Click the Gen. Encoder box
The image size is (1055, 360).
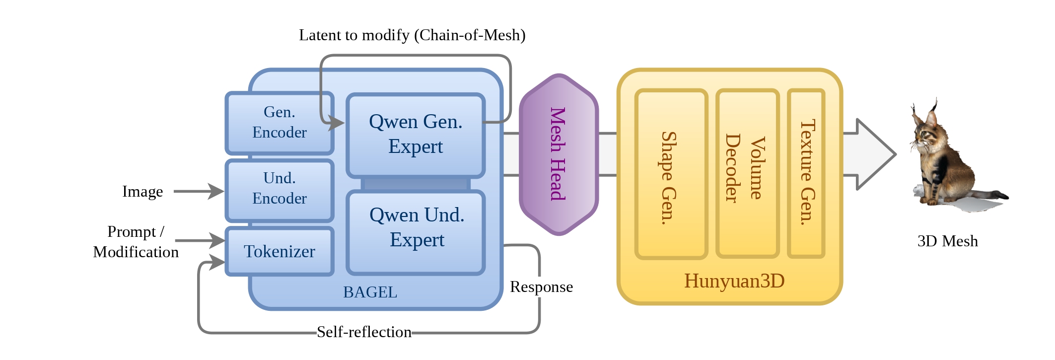[x=279, y=123]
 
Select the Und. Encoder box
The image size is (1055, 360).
[x=279, y=189]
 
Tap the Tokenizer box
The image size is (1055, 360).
[x=279, y=251]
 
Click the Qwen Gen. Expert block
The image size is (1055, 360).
[x=416, y=134]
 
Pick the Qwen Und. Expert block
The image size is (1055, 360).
[x=416, y=228]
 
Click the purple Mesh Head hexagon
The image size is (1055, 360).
[x=559, y=154]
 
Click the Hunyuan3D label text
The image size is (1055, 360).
[x=734, y=281]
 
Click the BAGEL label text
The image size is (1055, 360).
[x=370, y=292]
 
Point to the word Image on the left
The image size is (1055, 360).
[x=142, y=192]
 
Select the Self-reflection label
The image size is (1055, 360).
[x=364, y=332]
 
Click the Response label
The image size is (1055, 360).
[x=541, y=287]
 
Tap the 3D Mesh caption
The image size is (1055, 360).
[x=947, y=241]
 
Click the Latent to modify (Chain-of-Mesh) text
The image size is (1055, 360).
[x=412, y=35]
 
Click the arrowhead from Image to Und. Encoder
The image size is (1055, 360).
[x=216, y=191]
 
